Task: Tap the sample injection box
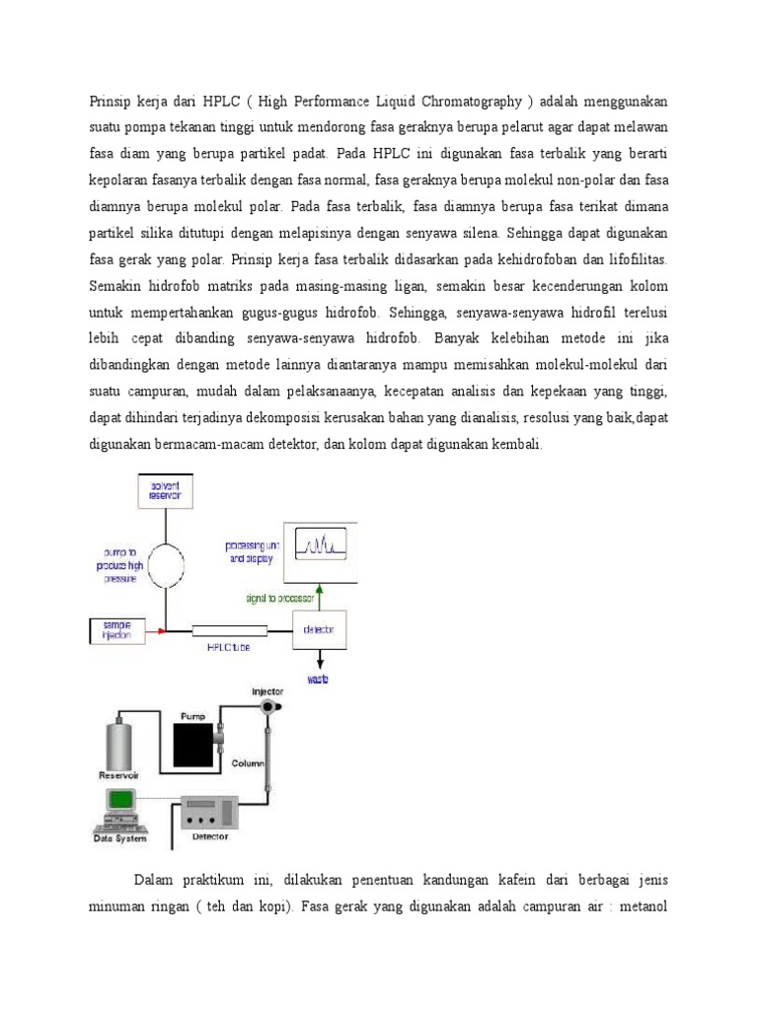point(116,629)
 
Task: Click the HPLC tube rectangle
point(229,630)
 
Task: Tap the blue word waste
point(318,681)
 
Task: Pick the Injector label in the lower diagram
point(268,692)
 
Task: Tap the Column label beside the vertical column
point(247,762)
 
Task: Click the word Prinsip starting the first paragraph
point(110,102)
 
